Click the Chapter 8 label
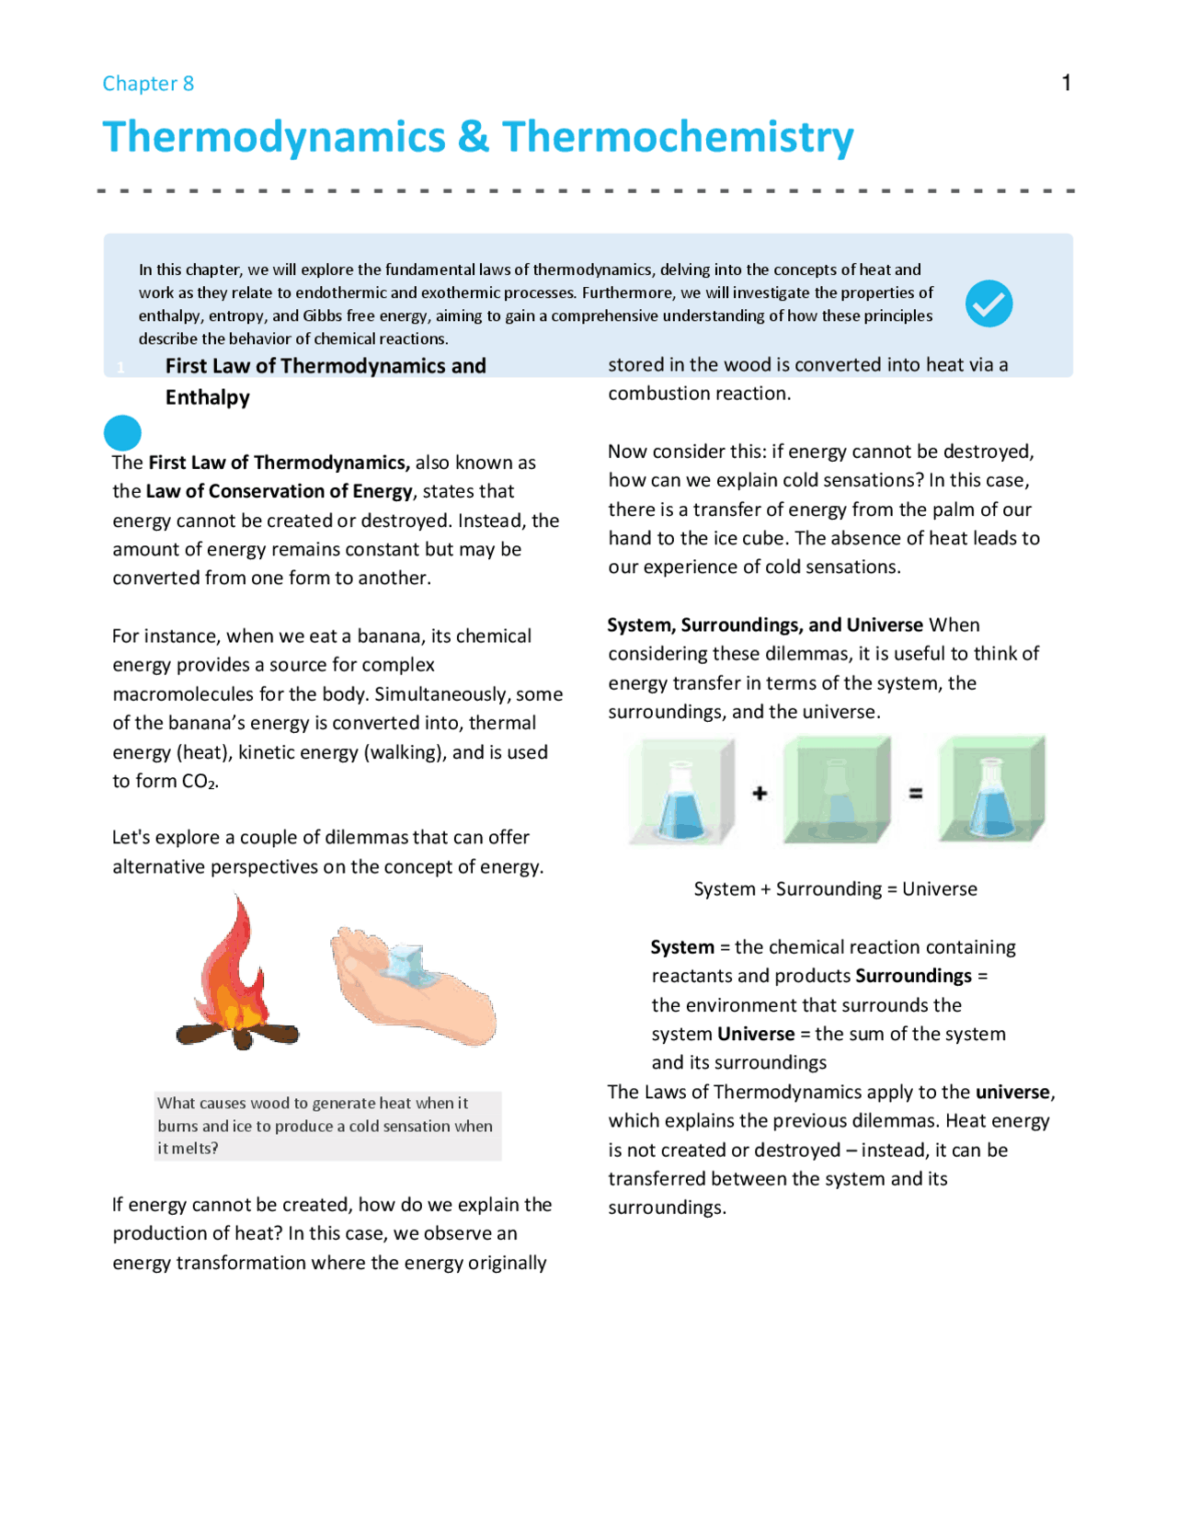pos(148,84)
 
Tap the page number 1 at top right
pos(1066,83)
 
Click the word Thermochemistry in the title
pos(678,137)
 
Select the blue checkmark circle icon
pos(988,303)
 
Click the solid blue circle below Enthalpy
pos(122,432)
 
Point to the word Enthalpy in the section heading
pos(207,397)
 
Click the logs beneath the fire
pos(238,1035)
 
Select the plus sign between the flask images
pos(760,793)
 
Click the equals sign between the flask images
pos(916,793)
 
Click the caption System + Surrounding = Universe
pos(835,889)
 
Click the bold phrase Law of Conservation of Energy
pos(279,491)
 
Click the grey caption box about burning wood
pos(327,1126)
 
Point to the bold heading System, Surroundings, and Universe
pos(764,625)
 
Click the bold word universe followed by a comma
pos(1012,1092)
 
